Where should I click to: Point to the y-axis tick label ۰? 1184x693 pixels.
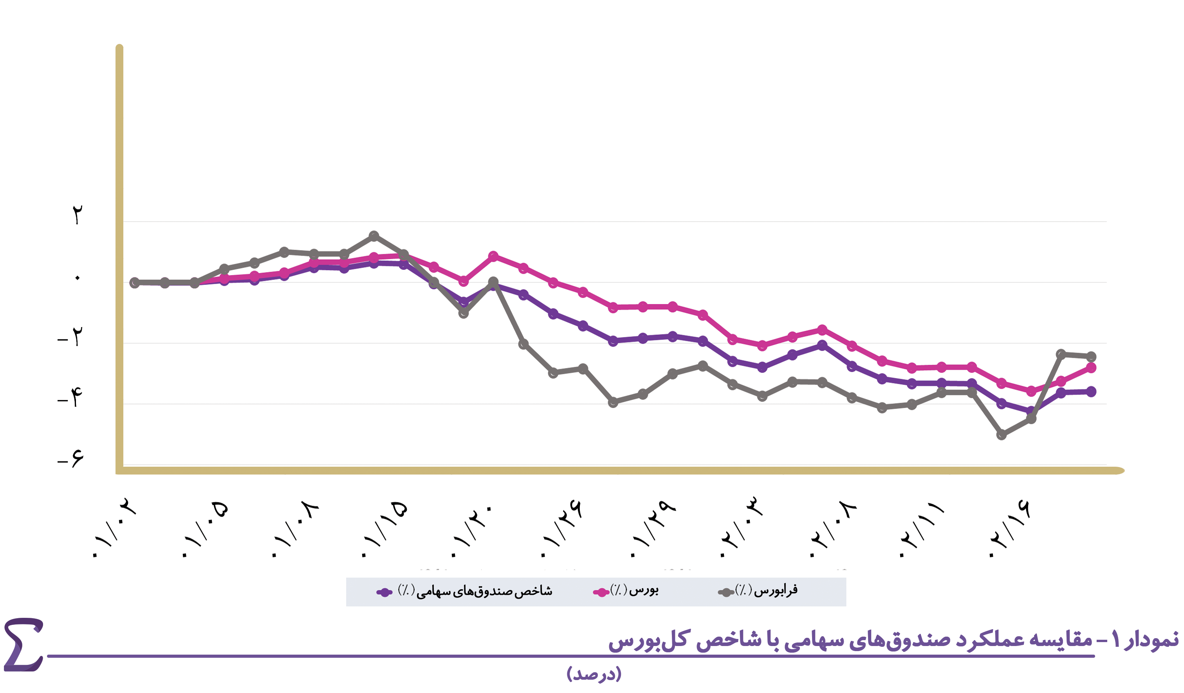[x=78, y=278]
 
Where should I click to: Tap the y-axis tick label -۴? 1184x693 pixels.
[x=70, y=397]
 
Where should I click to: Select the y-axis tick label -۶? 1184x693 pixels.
[x=71, y=458]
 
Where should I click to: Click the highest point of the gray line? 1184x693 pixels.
[x=374, y=236]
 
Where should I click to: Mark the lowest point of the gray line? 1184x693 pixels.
[x=1001, y=435]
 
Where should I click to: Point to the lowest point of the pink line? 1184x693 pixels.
[x=1031, y=391]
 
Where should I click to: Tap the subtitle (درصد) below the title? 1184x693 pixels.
[x=594, y=674]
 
